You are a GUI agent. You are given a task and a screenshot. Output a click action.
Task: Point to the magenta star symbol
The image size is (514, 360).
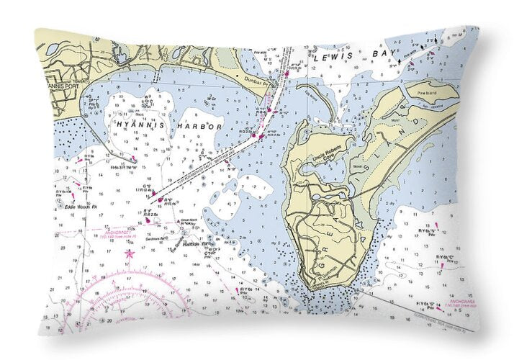point(130,253)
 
